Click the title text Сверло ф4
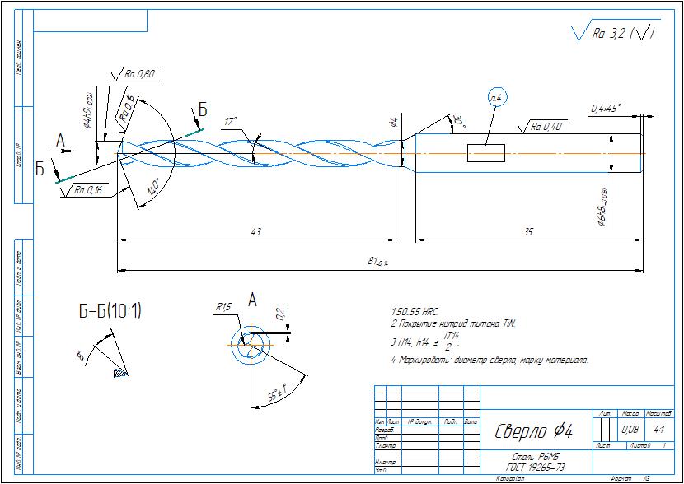point(533,431)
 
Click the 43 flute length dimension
point(256,234)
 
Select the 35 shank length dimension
point(527,234)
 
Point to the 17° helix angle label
point(231,121)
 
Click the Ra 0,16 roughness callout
point(89,190)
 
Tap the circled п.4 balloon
point(499,98)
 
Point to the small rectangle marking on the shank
point(485,154)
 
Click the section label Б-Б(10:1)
point(110,311)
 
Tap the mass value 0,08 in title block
point(630,428)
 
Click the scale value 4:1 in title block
point(659,428)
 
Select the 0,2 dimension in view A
point(280,314)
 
